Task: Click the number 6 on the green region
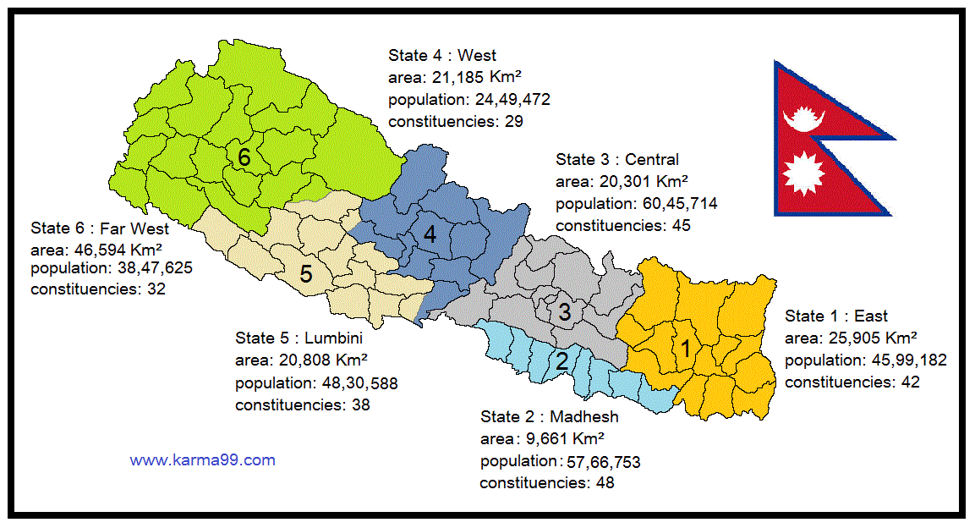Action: coord(244,157)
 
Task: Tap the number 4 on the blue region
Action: coord(430,234)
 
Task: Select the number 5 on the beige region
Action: coord(306,274)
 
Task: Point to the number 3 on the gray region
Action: coord(565,312)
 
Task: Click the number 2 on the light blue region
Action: coord(561,361)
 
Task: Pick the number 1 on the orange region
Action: coord(687,347)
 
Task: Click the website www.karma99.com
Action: coord(202,460)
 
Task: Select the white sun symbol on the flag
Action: coord(803,173)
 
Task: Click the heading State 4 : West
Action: coord(442,56)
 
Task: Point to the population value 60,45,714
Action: coord(676,203)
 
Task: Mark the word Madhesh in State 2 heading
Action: coord(584,416)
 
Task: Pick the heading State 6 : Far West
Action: coord(100,228)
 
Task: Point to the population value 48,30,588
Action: coord(355,382)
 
